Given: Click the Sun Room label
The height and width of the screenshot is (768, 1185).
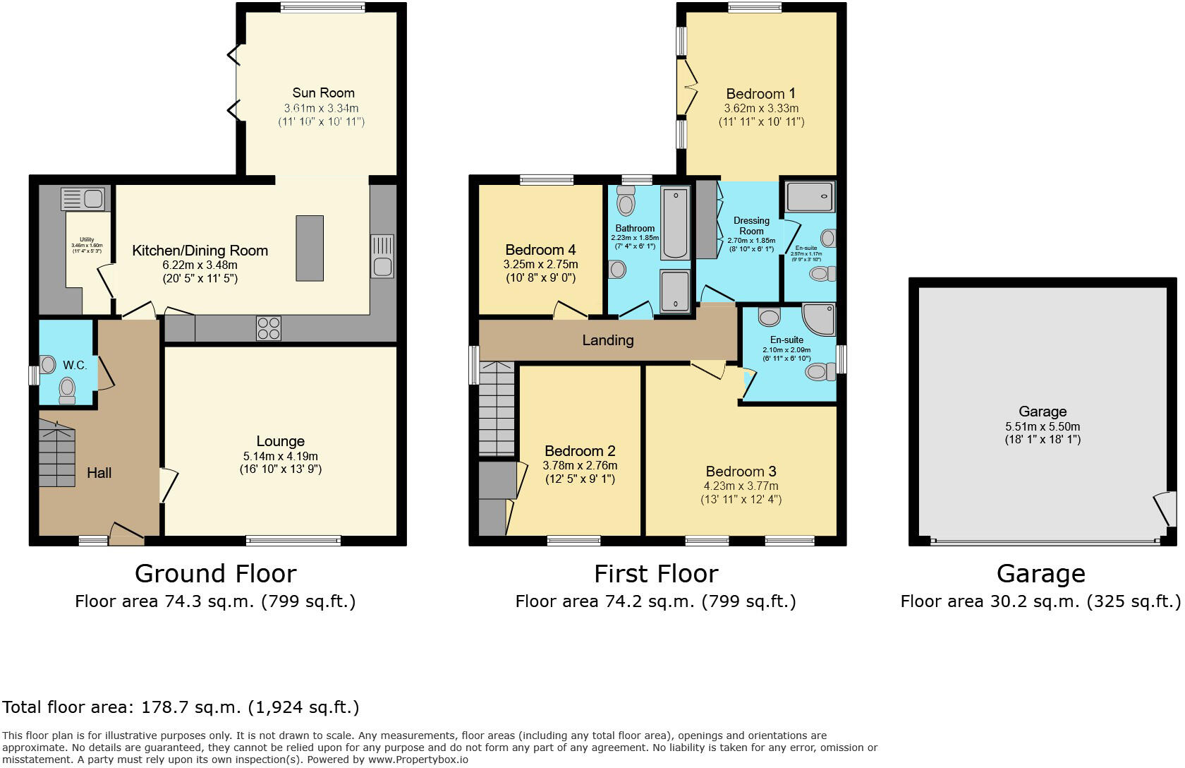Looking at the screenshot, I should point(323,92).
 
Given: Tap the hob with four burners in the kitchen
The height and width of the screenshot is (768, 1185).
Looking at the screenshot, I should point(269,328).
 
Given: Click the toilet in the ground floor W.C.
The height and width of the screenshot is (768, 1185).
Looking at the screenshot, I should point(67,389).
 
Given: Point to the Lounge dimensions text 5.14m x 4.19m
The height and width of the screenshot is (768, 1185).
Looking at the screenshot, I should point(280,456).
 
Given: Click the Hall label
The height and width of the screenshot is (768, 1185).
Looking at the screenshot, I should point(99,473).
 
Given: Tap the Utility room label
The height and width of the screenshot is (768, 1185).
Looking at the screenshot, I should point(86,240).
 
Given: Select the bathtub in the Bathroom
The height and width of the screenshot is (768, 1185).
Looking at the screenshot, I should point(675,222).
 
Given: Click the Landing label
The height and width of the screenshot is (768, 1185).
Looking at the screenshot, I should point(607,340).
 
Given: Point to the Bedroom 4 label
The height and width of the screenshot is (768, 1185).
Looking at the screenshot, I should point(540,250).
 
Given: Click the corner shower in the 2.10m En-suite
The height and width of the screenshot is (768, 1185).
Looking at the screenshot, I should point(820,319).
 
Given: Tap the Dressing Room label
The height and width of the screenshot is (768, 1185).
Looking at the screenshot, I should point(751,225).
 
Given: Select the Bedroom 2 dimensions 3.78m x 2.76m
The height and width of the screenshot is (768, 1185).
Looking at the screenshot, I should point(580,465).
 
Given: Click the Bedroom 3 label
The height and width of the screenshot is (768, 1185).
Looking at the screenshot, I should point(741,472).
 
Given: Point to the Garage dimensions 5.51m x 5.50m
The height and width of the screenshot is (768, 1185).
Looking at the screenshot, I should point(1043,426).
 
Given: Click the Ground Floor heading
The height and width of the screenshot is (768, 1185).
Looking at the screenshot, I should point(215,573).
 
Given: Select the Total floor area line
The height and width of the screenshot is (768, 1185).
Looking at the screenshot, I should point(181,707).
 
